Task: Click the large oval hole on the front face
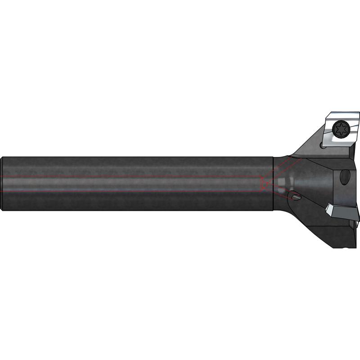point(345,176)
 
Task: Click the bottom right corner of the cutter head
point(355,247)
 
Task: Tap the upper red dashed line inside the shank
point(135,176)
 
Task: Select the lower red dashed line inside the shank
point(135,192)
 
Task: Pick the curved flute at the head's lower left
point(297,216)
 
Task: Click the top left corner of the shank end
point(4,157)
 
